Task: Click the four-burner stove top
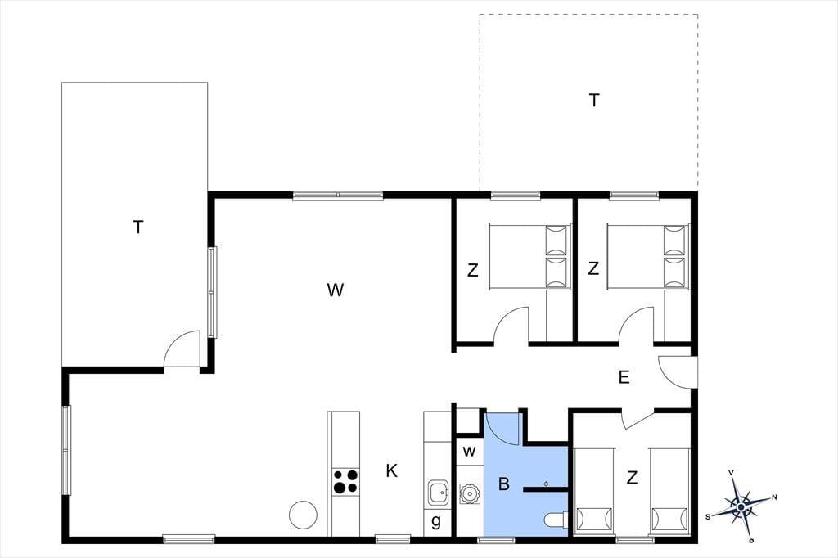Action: [345, 481]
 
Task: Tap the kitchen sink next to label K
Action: [439, 493]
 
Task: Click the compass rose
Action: [741, 506]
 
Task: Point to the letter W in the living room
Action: [335, 290]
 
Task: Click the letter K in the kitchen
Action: [392, 471]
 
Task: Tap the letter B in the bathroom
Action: [503, 484]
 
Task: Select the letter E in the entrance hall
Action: [624, 377]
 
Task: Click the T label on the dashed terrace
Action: [594, 100]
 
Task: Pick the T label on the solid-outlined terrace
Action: [138, 227]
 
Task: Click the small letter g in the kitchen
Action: [436, 521]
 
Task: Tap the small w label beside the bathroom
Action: [469, 452]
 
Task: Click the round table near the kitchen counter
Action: [303, 515]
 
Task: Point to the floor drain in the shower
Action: [546, 484]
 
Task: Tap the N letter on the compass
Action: [774, 497]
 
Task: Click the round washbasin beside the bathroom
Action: [470, 493]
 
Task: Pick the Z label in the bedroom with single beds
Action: [633, 477]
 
